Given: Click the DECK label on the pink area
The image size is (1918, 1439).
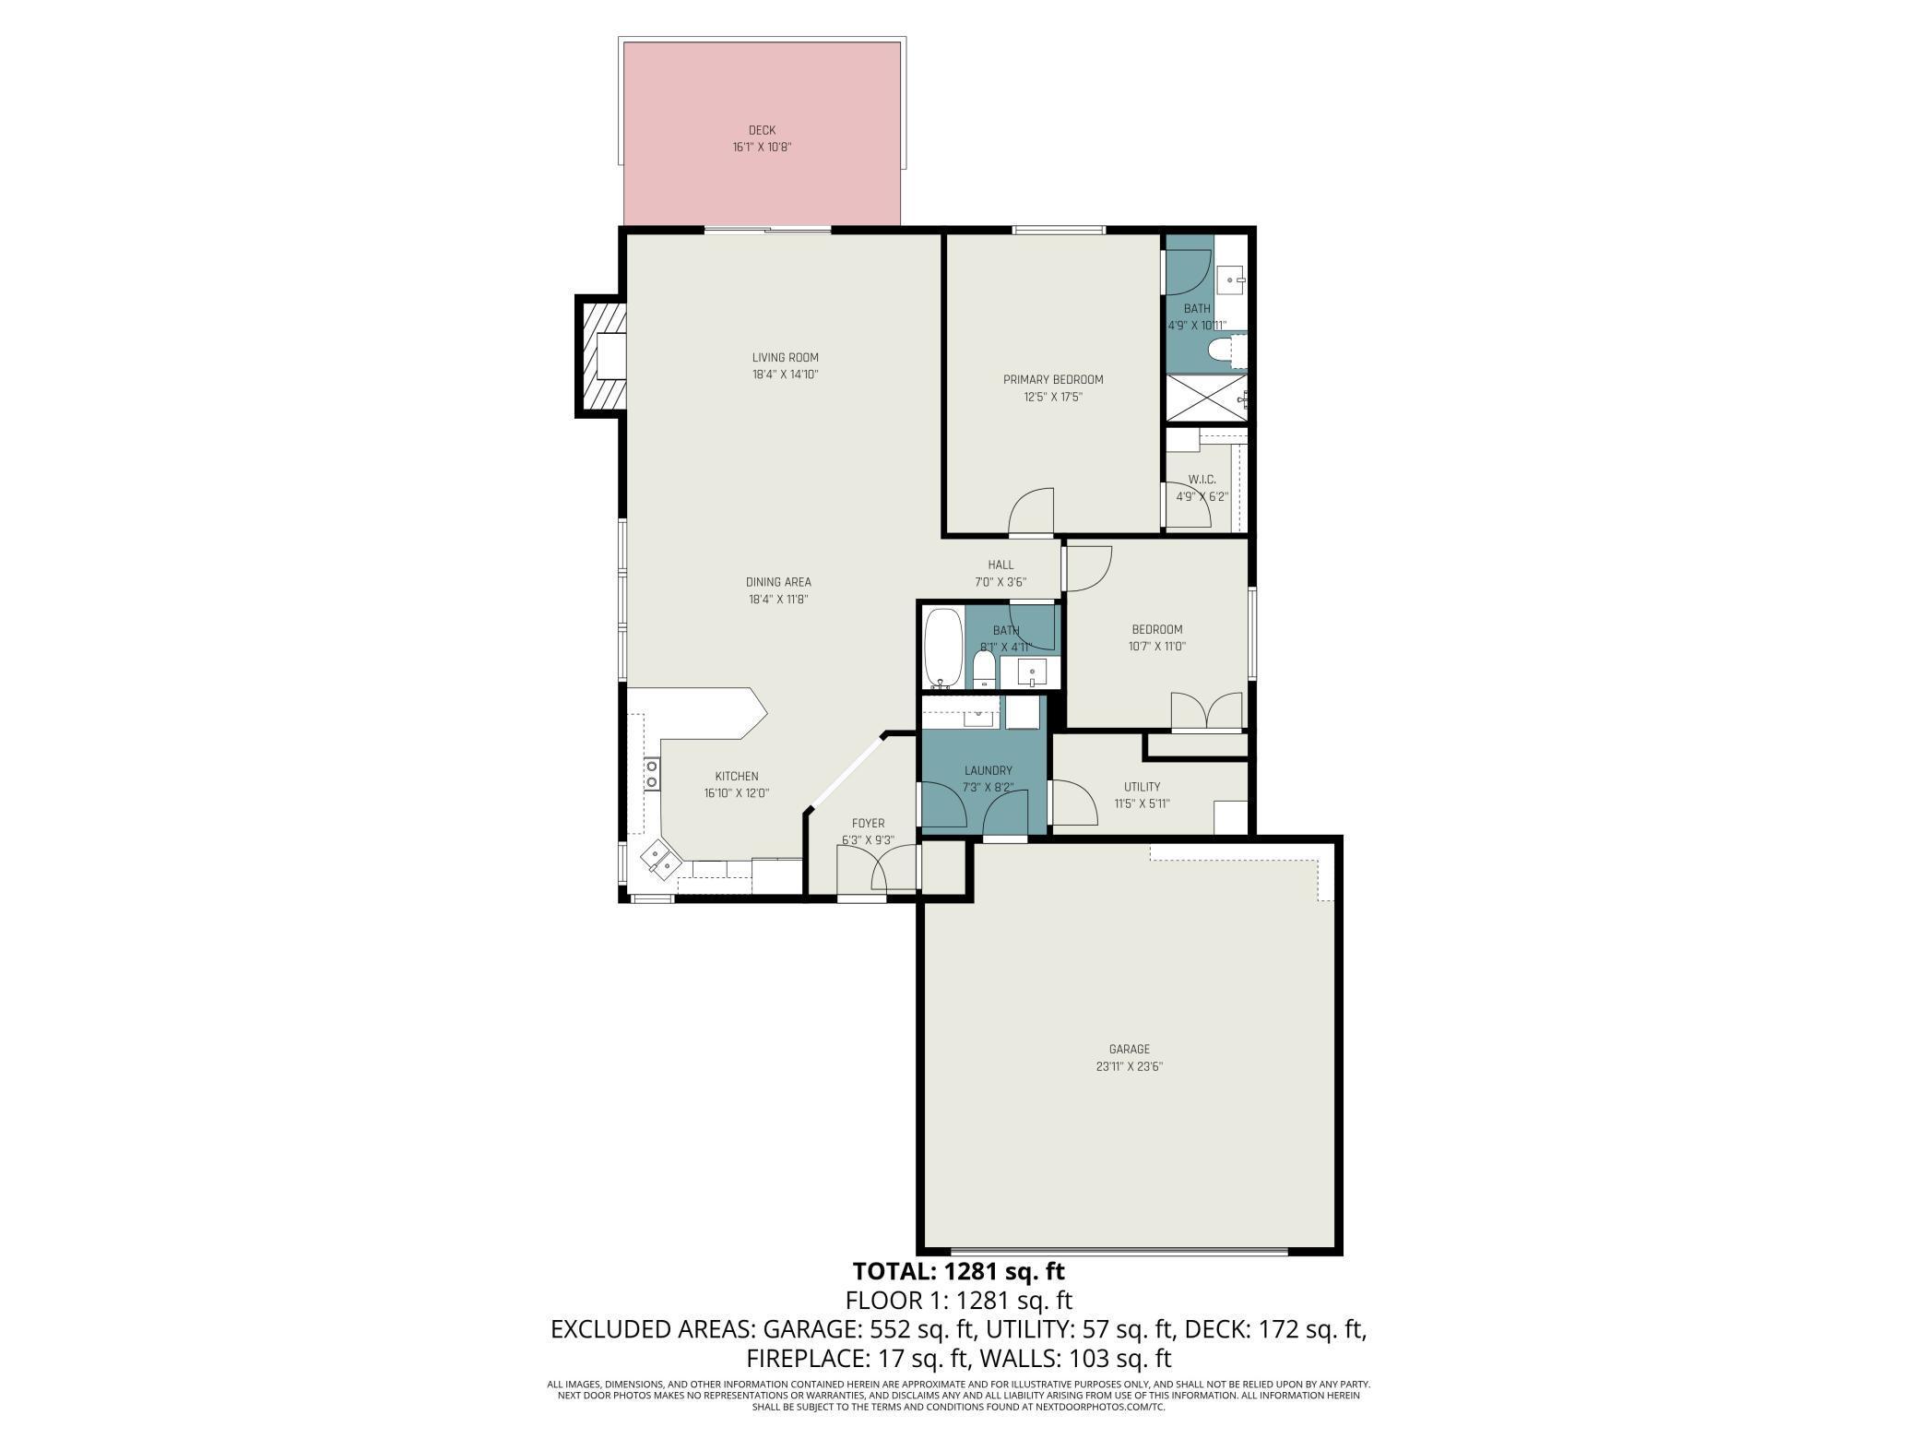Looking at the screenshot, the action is pos(762,130).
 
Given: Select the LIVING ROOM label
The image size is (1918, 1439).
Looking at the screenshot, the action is pos(785,358).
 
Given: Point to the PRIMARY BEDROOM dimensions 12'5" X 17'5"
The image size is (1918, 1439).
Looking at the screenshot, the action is pos(1052,397).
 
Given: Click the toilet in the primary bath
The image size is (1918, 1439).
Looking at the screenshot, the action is pos(1225,351).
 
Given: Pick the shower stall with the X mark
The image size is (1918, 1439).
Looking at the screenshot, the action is pos(1207,398).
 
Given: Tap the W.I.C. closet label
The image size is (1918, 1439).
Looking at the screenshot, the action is pos(1202,480).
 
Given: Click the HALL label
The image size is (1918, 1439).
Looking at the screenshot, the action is pos(1000,565).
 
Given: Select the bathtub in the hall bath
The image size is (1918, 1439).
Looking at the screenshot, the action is pos(942,648).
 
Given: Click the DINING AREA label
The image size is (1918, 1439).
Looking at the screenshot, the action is pos(778,582).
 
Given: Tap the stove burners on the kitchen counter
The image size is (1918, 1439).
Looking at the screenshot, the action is pos(652,773).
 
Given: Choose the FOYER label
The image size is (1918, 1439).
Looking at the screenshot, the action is pos(868,824).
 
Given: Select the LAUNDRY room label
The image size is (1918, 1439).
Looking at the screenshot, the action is pos(988,771).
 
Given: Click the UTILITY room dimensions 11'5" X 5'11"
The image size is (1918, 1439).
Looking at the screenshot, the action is pos(1142,803).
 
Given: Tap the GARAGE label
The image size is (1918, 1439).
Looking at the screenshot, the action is pos(1129,1049).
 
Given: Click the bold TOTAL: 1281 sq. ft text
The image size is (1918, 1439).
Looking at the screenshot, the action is pos(958,1271).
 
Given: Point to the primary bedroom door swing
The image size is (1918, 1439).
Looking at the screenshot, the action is pos(1031,512).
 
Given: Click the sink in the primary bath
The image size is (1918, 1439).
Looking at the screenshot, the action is pos(1230,277).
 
